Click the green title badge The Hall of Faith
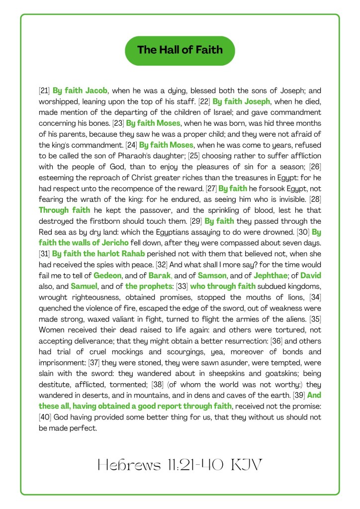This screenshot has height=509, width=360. tap(180, 50)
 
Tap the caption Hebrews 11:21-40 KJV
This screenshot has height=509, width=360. tap(180, 465)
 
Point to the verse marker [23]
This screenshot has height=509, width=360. tap(118, 123)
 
